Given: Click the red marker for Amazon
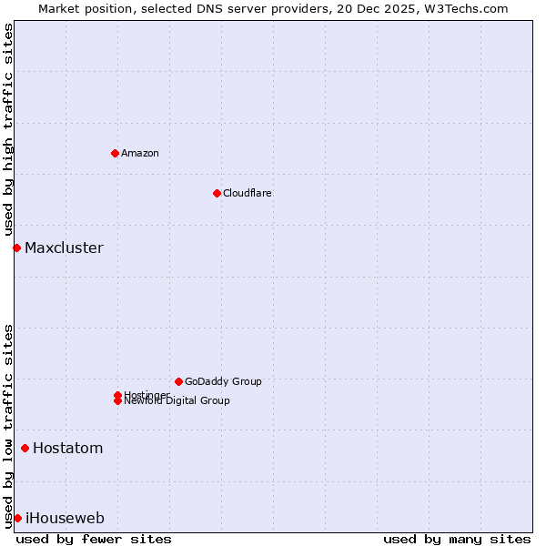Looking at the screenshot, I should point(115,153).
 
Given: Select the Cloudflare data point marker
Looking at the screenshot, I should point(217,193).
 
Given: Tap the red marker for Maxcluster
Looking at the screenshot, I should point(16,248).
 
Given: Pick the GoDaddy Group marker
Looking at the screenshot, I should point(178,381).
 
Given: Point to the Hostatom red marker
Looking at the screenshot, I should point(25,448).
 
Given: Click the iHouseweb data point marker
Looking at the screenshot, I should point(17,518).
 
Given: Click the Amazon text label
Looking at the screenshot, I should point(140,153).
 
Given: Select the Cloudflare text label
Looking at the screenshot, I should point(248,193).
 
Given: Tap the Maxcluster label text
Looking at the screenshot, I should point(64,248).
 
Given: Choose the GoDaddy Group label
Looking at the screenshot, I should point(223,381).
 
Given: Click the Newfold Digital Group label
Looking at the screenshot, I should point(177,401).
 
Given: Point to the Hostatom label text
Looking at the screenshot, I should point(68,448).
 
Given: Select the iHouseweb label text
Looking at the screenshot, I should point(65,518).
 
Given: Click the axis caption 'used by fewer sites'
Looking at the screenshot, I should point(94,539).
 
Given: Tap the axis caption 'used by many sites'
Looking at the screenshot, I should point(457,539).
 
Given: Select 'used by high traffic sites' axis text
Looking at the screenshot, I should point(9,128).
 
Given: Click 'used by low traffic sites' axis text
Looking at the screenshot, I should point(9,425).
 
